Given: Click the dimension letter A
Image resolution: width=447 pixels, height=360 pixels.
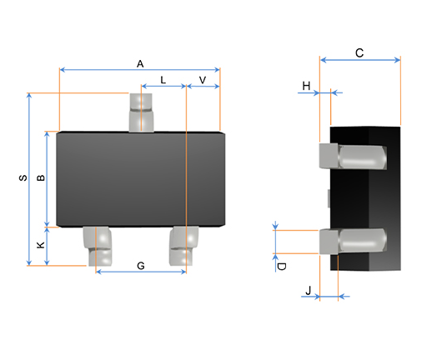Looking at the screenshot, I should pyautogui.click(x=140, y=63).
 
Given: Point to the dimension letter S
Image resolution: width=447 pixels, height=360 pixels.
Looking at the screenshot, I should pyautogui.click(x=23, y=177).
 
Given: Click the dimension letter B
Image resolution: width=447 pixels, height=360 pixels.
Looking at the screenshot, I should pyautogui.click(x=41, y=177).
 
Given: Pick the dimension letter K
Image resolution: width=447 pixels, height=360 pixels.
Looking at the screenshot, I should pyautogui.click(x=41, y=246).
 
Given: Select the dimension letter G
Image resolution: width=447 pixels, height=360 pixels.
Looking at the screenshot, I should pyautogui.click(x=140, y=266).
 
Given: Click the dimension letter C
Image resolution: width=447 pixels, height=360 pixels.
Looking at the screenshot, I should pyautogui.click(x=359, y=52).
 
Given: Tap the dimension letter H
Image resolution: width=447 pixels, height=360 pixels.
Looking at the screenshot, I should pyautogui.click(x=306, y=86).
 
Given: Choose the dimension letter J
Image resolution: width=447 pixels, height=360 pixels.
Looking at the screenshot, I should pyautogui.click(x=309, y=290).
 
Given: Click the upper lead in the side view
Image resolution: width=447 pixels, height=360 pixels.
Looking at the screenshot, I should pyautogui.click(x=353, y=156).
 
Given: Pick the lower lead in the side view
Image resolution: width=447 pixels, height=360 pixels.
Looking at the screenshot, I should pyautogui.click(x=353, y=241).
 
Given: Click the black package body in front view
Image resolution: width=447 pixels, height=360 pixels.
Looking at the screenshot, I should pyautogui.click(x=139, y=179).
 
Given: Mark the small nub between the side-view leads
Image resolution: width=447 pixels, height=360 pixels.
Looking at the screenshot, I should pyautogui.click(x=329, y=198).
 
